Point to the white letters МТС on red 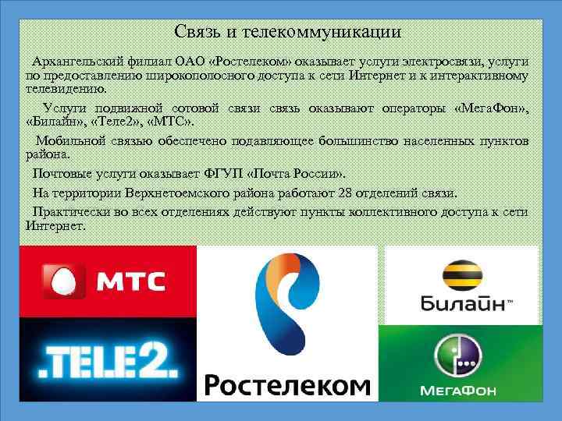[x=131, y=282]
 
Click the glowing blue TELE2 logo [x=108, y=359]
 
